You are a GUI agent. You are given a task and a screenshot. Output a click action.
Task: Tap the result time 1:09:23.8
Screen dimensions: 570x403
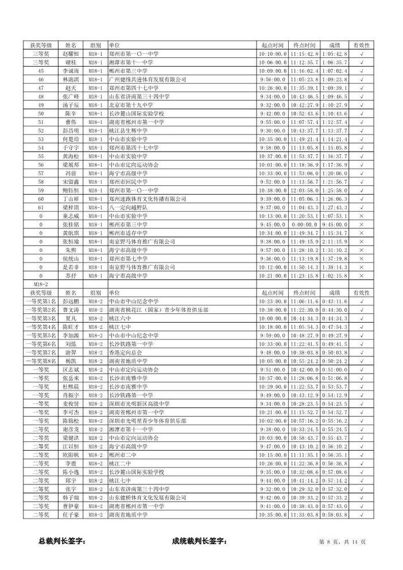tap(334, 79)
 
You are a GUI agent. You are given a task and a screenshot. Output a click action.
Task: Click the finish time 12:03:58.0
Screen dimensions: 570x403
tap(304, 190)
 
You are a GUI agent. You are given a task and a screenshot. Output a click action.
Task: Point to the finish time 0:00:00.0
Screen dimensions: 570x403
tap(304, 224)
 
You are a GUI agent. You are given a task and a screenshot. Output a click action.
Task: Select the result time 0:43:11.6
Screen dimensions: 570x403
tap(334, 301)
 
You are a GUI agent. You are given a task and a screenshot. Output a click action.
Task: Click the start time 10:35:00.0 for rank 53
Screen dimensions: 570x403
tap(273, 139)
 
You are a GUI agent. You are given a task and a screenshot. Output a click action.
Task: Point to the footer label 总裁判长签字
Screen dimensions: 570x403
tap(61, 541)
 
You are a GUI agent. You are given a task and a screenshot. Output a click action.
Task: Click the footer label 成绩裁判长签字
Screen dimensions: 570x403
tap(199, 541)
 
